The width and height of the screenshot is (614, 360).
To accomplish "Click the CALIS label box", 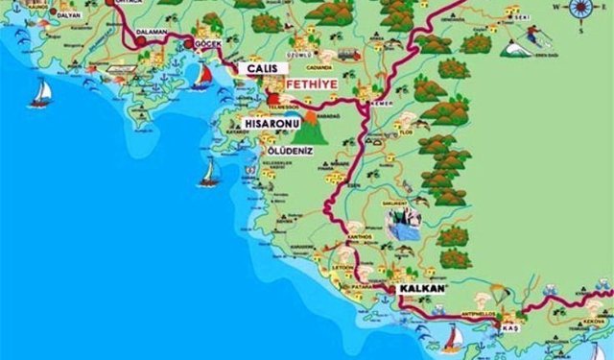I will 265,69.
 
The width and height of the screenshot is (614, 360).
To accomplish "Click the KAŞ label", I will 509,329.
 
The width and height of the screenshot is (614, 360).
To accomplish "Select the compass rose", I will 579,10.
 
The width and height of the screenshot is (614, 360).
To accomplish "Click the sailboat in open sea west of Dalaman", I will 41,92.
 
